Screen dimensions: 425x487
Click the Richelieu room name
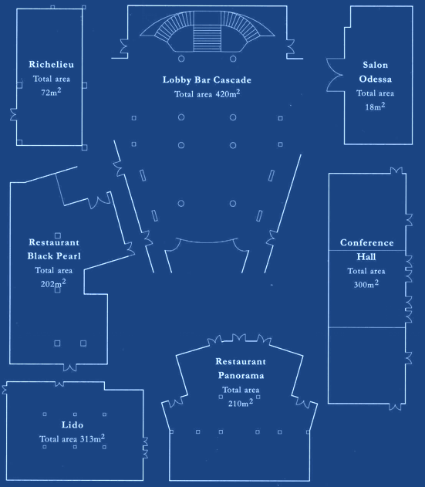(x=51, y=64)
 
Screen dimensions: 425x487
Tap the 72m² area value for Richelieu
(x=51, y=92)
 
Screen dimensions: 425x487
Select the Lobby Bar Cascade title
(x=207, y=79)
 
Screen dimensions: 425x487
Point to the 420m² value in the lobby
(x=228, y=93)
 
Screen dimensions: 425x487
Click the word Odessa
(x=376, y=79)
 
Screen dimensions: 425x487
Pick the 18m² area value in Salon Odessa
(x=375, y=107)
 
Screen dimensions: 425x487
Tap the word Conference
(x=367, y=242)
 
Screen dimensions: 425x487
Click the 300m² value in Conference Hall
(x=366, y=284)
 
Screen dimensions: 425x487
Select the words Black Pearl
(x=54, y=256)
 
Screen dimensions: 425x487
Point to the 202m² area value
(x=53, y=283)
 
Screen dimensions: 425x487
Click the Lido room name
(x=73, y=424)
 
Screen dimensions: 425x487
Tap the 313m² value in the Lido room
(x=93, y=438)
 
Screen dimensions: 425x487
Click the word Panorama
(x=241, y=375)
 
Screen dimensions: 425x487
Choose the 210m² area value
(x=241, y=403)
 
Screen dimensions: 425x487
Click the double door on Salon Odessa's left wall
(x=336, y=75)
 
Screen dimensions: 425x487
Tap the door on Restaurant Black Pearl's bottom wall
(x=70, y=367)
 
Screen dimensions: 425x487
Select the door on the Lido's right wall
(x=145, y=448)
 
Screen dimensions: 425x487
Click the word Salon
(x=376, y=65)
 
